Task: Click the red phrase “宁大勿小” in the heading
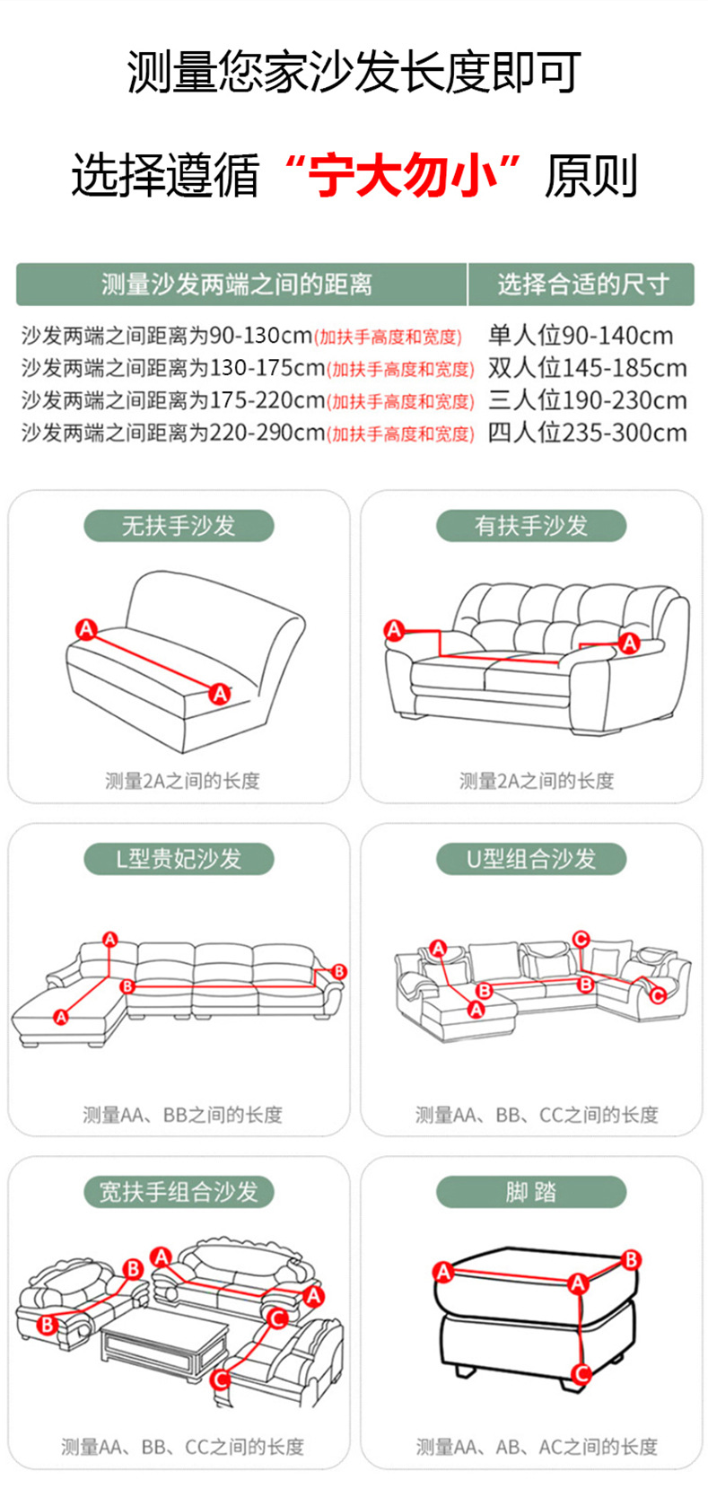pyautogui.click(x=401, y=175)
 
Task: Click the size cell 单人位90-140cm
pyautogui.click(x=581, y=336)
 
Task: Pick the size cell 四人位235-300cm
pyautogui.click(x=587, y=433)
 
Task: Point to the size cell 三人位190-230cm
pyautogui.click(x=587, y=400)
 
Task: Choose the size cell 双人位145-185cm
pyautogui.click(x=587, y=368)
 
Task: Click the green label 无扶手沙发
pyautogui.click(x=179, y=526)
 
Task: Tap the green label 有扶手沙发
pyautogui.click(x=531, y=526)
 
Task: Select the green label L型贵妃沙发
pyautogui.click(x=179, y=859)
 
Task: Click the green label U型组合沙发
pyautogui.click(x=531, y=859)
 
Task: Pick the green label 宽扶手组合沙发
pyautogui.click(x=179, y=1192)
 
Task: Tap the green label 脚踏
pyautogui.click(x=531, y=1192)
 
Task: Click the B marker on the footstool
pyautogui.click(x=632, y=1260)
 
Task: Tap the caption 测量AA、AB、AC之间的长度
pyautogui.click(x=537, y=1447)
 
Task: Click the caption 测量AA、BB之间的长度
pyautogui.click(x=182, y=1115)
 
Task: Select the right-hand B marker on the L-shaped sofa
pyautogui.click(x=339, y=971)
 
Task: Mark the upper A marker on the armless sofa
pyautogui.click(x=85, y=629)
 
